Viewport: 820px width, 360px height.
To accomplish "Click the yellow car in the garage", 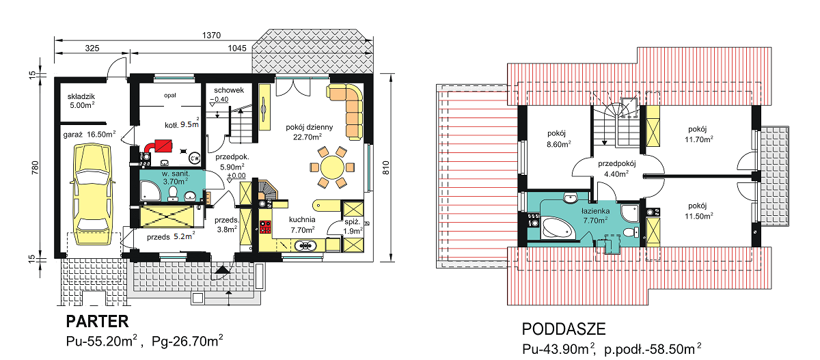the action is [92, 194].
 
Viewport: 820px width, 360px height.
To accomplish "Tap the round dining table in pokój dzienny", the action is [332, 167].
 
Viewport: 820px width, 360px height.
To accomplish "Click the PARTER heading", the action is [97, 322].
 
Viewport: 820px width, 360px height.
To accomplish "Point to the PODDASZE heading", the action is [564, 329].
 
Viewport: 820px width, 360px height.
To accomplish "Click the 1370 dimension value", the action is [212, 36].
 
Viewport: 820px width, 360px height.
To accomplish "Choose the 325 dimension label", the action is [92, 49].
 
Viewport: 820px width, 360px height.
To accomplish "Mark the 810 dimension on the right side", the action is [386, 167].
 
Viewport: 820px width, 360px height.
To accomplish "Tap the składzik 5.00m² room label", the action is [81, 101].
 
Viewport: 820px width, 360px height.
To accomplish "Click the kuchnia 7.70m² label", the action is [302, 225].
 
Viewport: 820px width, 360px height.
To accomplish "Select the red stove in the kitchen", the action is [265, 227].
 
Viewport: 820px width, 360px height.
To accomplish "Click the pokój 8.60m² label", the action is [559, 139].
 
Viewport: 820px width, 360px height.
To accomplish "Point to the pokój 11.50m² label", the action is [699, 211].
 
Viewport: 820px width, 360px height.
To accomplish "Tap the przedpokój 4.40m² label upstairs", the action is [617, 169].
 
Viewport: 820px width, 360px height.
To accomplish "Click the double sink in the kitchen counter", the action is [305, 246].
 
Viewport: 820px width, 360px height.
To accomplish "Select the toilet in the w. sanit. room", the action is [173, 194].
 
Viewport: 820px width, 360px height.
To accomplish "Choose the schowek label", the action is [229, 90].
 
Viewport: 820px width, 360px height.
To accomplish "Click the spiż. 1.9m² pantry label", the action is [353, 227].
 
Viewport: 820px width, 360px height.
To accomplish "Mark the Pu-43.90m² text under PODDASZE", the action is [558, 349].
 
